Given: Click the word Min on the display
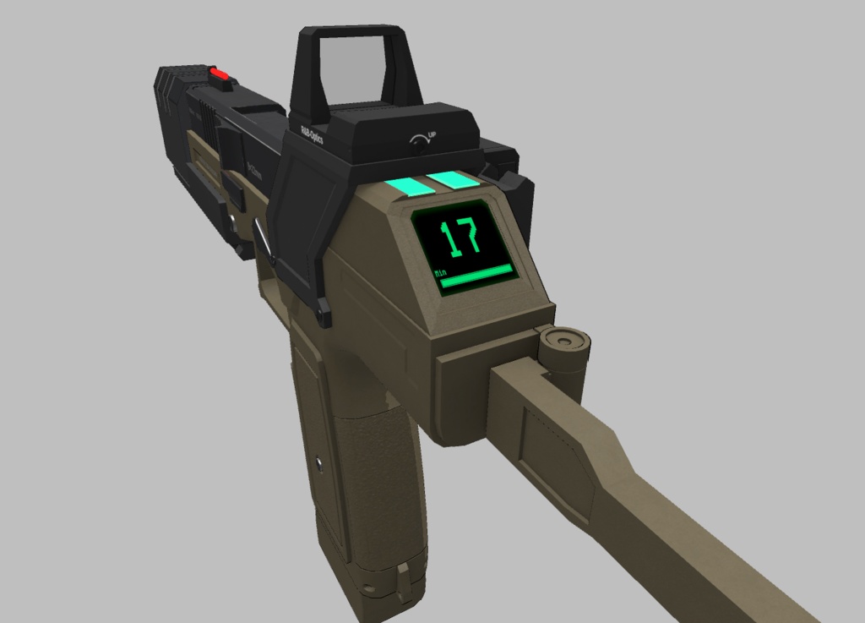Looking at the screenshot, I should pos(440,274).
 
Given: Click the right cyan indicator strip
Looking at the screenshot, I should pos(454,180).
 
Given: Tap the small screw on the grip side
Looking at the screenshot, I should pos(319,462).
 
